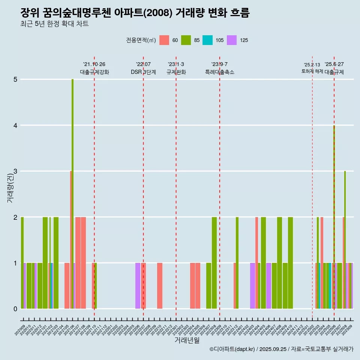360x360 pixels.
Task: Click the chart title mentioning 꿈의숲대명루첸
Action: point(135,13)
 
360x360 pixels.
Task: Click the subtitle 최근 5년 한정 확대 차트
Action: point(54,24)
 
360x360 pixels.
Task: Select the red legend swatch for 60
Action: point(164,40)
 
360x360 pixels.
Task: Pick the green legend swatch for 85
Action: point(186,40)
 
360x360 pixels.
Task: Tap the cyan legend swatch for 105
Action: point(207,40)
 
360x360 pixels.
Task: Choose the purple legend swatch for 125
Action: point(232,40)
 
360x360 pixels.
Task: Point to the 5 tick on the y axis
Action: point(15,79)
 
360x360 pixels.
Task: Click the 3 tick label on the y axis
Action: point(15,171)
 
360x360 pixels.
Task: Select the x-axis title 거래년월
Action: point(187,340)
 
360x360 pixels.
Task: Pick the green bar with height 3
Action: point(345,240)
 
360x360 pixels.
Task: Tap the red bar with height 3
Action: point(70,240)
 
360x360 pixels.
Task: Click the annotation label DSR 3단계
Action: point(143,72)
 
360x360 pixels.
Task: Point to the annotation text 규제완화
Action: point(176,72)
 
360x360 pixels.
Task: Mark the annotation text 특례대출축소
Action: point(220,72)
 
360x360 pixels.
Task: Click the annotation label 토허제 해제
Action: point(312,71)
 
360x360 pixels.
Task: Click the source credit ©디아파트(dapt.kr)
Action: point(232,349)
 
